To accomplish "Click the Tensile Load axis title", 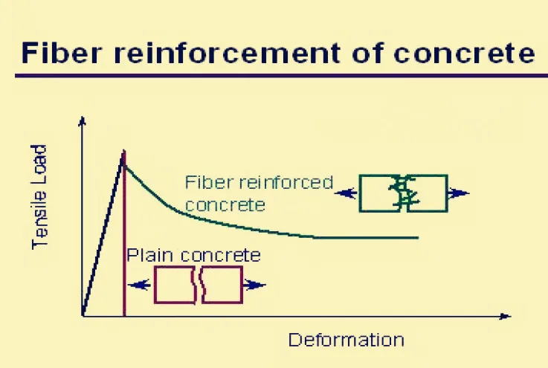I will pos(41,196).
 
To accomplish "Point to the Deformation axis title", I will pos(346,340).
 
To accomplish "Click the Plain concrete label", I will pos(193,255).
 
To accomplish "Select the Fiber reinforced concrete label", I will pos(258,193).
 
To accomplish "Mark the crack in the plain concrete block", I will pos(199,285).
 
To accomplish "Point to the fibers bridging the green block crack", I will pos(404,193).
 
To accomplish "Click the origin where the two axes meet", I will pos(83,316).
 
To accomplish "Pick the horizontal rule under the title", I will pos(275,74).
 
